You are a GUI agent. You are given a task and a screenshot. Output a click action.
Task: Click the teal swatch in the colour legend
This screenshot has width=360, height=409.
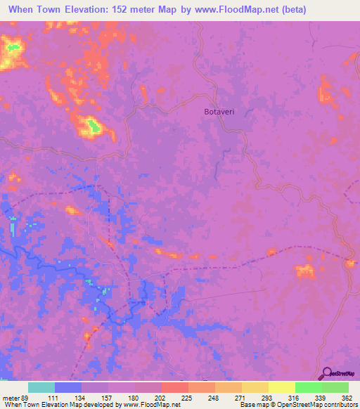42,387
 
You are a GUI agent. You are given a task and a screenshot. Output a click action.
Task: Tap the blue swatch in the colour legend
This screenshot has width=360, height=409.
68,387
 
